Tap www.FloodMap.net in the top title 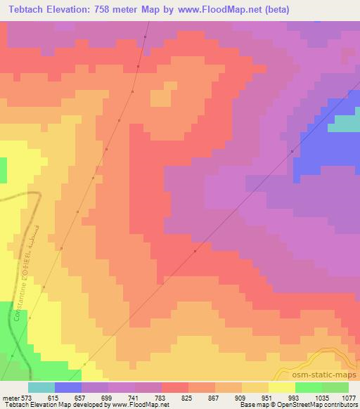point(215,11)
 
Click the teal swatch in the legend point(41,387)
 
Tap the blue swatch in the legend point(68,387)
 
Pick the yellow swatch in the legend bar point(282,387)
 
